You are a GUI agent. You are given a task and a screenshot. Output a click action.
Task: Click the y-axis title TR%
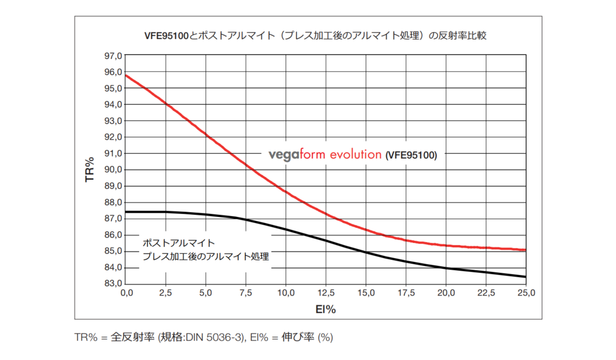pyautogui.click(x=90, y=169)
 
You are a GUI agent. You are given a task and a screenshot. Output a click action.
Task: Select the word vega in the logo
pyautogui.click(x=284, y=155)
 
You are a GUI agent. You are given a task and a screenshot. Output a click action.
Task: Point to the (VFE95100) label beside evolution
pyautogui.click(x=411, y=155)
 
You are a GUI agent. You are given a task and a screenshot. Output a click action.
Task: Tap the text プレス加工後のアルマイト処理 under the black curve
pyautogui.click(x=205, y=256)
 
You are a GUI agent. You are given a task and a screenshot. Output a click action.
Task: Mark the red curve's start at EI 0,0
pyautogui.click(x=125, y=75)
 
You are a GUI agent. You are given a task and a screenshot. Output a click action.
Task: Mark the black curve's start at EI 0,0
pyautogui.click(x=125, y=212)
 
